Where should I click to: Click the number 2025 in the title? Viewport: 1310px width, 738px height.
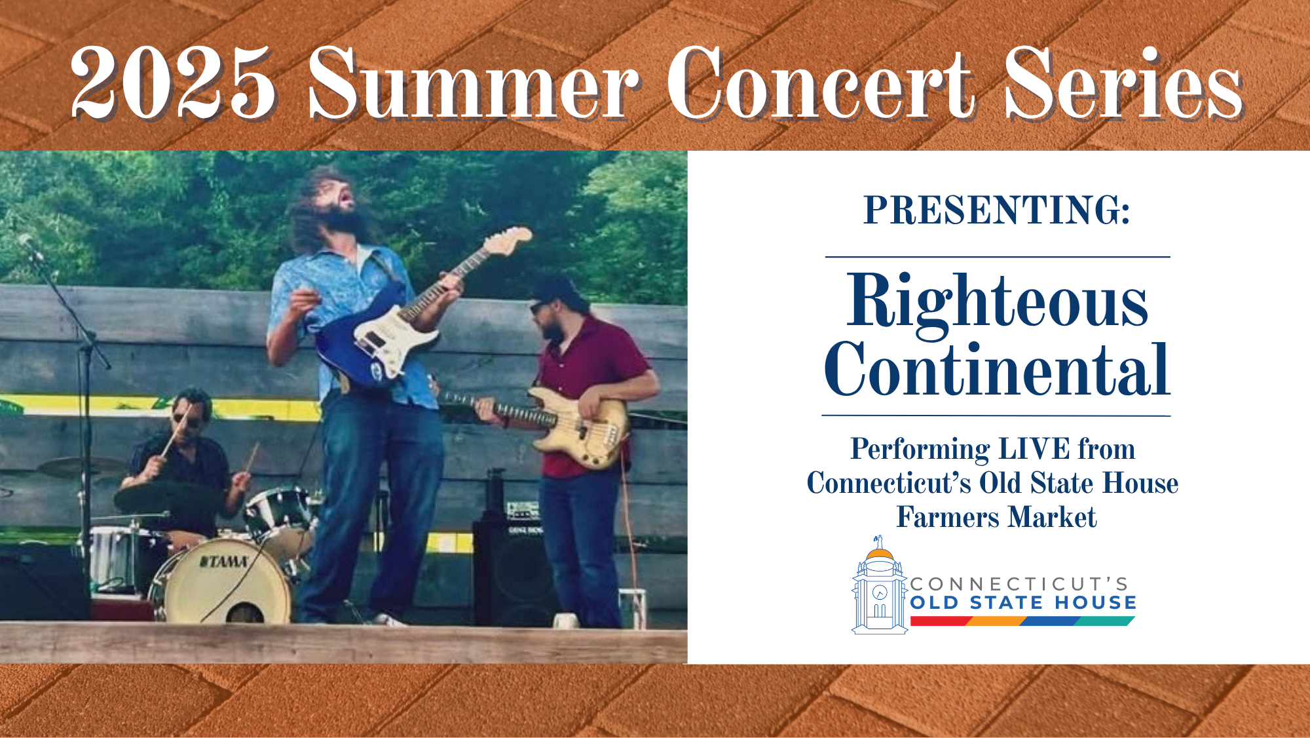(173, 83)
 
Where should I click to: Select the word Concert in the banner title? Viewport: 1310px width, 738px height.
(821, 83)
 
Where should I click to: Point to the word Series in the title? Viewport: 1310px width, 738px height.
(1123, 83)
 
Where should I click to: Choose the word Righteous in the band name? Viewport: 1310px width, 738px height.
(997, 303)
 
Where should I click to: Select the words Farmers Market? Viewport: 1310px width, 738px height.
(996, 517)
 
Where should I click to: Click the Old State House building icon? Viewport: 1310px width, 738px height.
(880, 585)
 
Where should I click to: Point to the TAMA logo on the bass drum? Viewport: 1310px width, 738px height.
(224, 562)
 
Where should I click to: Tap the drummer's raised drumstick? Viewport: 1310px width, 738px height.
(175, 431)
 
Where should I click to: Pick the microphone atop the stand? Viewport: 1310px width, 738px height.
(29, 245)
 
